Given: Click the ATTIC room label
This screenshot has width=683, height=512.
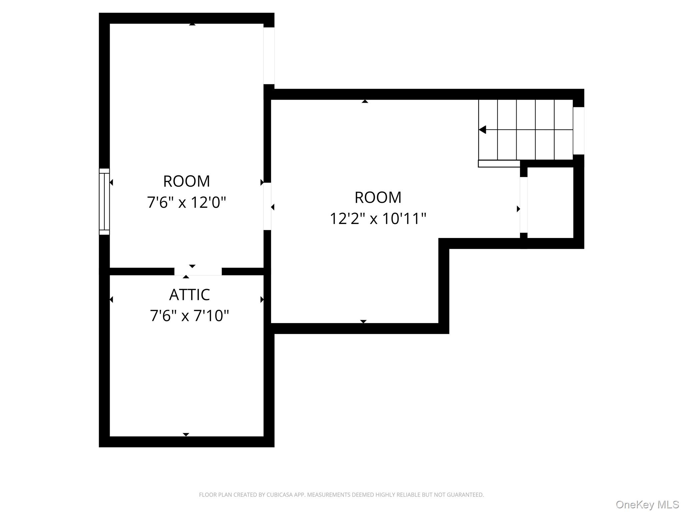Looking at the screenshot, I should [x=189, y=295].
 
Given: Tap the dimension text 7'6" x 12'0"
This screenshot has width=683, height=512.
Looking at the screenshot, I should [x=186, y=202].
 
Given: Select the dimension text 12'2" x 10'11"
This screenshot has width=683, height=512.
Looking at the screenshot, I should [x=378, y=219].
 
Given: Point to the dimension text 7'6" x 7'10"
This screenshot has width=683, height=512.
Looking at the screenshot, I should [x=189, y=315].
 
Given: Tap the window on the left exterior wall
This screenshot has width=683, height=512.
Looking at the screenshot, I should [x=104, y=201].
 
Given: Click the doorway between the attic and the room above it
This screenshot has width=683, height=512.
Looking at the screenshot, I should [x=198, y=271].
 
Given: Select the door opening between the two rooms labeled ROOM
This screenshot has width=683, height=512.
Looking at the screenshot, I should [x=267, y=206].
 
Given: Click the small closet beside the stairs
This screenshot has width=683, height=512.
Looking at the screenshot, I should [x=550, y=202].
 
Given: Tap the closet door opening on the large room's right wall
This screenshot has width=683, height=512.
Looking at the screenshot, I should [x=524, y=205].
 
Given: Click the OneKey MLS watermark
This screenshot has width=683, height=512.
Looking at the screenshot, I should [x=647, y=505].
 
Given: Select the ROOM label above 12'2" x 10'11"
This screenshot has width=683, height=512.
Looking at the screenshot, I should [x=378, y=197].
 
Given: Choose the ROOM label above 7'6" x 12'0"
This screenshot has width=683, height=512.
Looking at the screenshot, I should [x=186, y=181].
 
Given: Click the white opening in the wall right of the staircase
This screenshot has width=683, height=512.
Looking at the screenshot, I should [x=579, y=131].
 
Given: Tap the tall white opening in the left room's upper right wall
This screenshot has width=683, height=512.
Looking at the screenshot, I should [x=269, y=56].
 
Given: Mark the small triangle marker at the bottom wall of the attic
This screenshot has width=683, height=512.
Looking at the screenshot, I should [x=186, y=434].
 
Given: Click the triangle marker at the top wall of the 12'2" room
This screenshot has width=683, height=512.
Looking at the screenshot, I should [x=365, y=101].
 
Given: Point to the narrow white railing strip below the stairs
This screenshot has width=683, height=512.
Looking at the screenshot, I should [x=499, y=164].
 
